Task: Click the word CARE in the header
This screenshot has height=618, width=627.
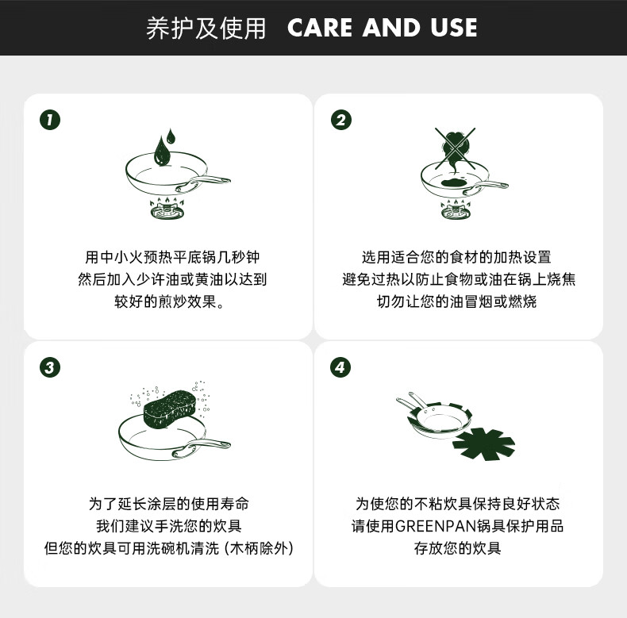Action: (320, 28)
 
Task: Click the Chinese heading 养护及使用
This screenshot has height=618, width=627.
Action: (206, 28)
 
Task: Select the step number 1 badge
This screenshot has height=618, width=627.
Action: (50, 120)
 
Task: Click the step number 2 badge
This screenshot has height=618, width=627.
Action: (341, 120)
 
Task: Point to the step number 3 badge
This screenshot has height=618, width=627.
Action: (50, 367)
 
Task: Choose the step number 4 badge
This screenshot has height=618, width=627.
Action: (340, 367)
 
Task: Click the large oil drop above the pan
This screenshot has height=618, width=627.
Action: (161, 151)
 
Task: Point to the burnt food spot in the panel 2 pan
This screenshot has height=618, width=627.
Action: (455, 183)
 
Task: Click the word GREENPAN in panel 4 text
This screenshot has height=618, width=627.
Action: (436, 526)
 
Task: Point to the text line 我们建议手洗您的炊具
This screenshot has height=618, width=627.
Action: (169, 526)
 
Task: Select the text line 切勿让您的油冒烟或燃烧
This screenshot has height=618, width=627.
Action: (456, 301)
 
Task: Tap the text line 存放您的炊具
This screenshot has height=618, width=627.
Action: (457, 548)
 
